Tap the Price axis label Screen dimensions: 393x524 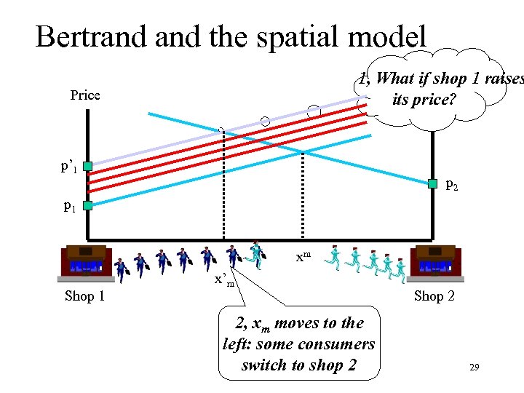[85, 95]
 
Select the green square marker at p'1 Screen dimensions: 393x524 [87, 167]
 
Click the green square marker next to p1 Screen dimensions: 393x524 [87, 206]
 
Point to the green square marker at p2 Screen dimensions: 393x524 [432, 183]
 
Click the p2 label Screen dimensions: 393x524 [452, 186]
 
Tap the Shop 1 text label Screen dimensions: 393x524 [85, 295]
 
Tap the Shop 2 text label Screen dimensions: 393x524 [434, 295]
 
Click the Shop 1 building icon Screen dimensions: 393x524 [86, 263]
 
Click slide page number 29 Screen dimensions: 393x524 [474, 369]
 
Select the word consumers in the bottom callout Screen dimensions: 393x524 [341, 344]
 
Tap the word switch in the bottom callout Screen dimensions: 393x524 [265, 365]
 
